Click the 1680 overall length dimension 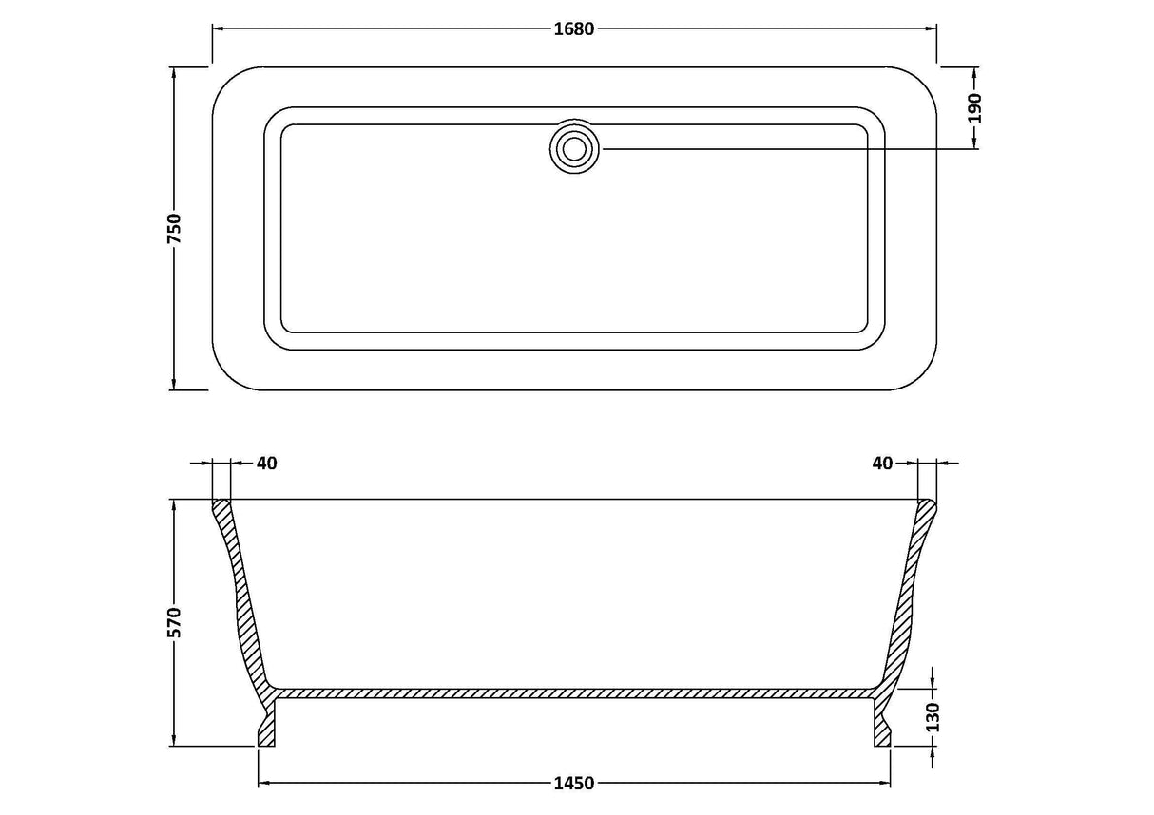(574, 29)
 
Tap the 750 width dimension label (175, 228)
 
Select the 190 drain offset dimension (974, 108)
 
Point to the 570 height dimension (175, 622)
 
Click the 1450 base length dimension (574, 783)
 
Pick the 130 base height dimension (933, 717)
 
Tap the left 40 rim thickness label (267, 464)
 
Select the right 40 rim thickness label (882, 464)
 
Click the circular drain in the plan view (574, 149)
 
